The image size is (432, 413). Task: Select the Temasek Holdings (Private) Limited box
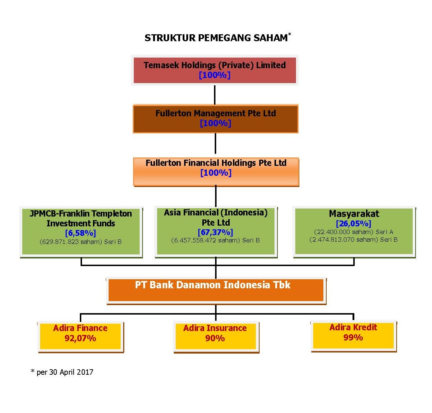215,70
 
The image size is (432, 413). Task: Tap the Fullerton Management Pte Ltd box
215,119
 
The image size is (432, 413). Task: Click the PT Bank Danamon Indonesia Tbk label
213,285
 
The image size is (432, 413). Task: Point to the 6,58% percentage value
81,233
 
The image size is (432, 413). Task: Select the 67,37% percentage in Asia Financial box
215,232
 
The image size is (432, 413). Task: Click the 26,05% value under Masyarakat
354,223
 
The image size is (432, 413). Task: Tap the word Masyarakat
354,214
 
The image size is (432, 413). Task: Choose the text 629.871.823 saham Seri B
81,242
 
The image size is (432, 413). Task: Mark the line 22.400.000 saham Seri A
354,232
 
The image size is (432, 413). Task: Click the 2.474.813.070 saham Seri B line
354,240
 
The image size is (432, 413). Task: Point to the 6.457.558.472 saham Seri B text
215,240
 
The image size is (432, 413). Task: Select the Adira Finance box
81,337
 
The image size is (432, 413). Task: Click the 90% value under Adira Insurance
215,338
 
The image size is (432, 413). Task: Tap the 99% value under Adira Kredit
353,337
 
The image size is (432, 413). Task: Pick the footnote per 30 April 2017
62,372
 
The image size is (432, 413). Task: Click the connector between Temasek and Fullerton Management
215,95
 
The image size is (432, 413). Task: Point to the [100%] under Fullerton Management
215,123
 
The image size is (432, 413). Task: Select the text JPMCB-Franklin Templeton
81,214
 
